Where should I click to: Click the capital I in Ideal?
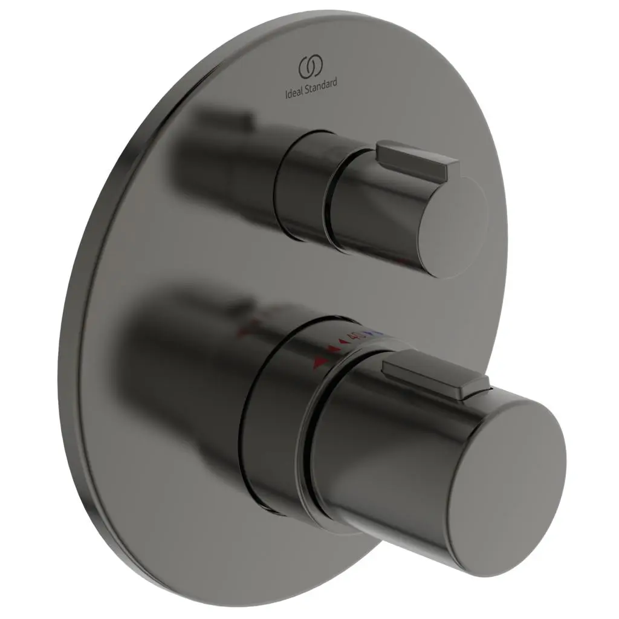[286, 95]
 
